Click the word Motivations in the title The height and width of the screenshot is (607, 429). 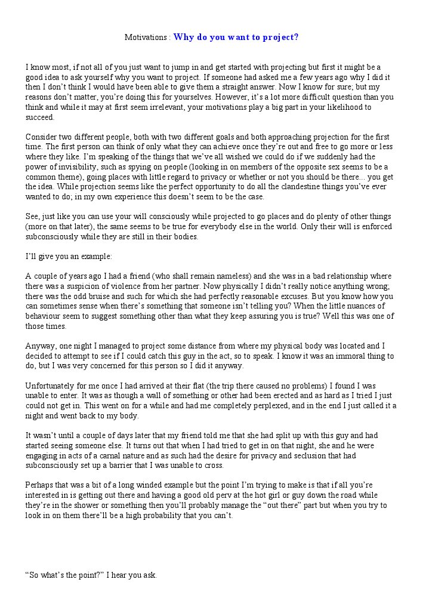(x=146, y=37)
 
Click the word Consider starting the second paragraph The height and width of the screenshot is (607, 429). (x=42, y=136)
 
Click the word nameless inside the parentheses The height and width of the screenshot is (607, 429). (x=227, y=276)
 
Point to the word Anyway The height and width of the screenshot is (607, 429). (x=39, y=346)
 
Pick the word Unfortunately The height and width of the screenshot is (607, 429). (x=51, y=386)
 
